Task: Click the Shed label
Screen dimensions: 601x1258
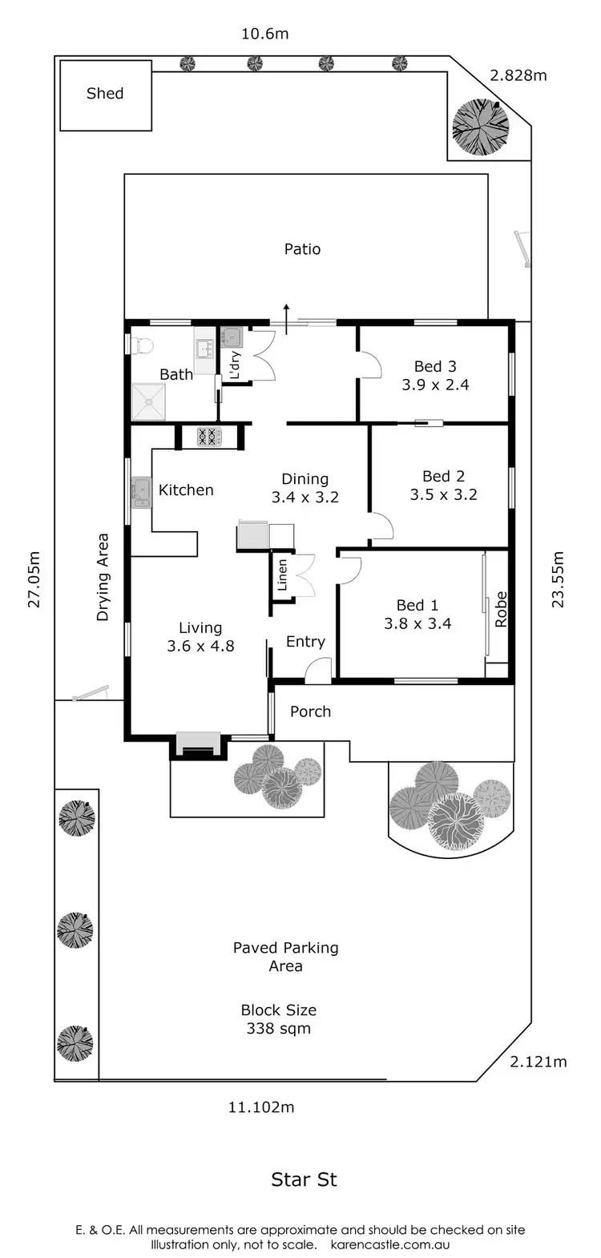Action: [x=105, y=93]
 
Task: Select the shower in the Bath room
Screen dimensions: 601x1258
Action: [x=148, y=401]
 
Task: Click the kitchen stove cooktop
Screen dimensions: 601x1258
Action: [x=209, y=437]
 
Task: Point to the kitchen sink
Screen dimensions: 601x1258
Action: [x=141, y=492]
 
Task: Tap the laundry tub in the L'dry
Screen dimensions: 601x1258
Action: [x=232, y=337]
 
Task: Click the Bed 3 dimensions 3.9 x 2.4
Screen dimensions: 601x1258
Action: [x=435, y=385]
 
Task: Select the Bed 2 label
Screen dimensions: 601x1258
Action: [x=444, y=476]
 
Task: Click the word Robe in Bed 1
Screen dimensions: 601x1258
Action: [x=501, y=609]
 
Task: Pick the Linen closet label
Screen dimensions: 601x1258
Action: [x=282, y=575]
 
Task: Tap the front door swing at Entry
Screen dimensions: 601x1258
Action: [x=318, y=671]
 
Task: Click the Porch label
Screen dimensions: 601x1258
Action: [x=310, y=712]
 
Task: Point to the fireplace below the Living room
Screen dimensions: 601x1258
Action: [x=198, y=744]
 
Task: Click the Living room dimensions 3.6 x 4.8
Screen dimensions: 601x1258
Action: [x=200, y=646]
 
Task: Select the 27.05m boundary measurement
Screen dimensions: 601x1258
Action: [x=34, y=579]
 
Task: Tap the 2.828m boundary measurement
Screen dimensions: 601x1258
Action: [x=518, y=75]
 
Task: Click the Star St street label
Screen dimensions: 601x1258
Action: [x=304, y=1179]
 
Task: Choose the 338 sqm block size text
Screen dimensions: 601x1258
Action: [x=279, y=1028]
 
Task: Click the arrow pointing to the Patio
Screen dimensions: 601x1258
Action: [x=286, y=319]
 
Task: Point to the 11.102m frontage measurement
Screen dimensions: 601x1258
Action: [x=261, y=1107]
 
